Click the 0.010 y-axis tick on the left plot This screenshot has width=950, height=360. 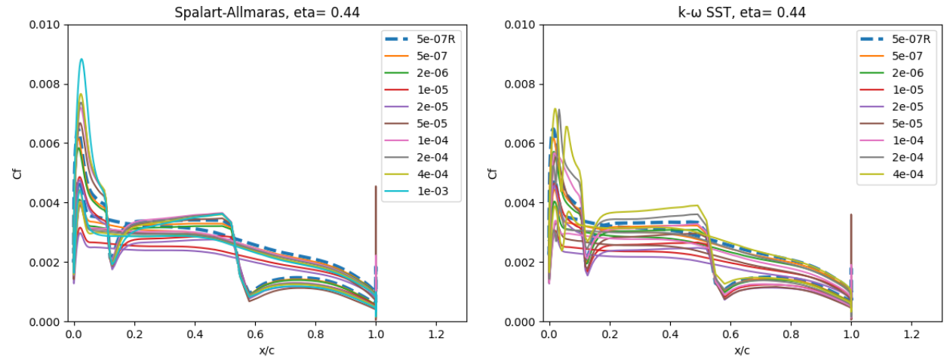[x=45, y=25]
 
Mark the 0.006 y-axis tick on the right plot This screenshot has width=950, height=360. [x=521, y=143]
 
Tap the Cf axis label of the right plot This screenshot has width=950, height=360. [x=493, y=174]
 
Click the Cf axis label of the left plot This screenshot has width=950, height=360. [x=17, y=174]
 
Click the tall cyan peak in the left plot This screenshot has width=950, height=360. [x=81, y=60]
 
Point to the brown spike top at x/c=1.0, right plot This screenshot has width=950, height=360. [x=851, y=215]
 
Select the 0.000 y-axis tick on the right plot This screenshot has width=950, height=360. [x=521, y=322]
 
